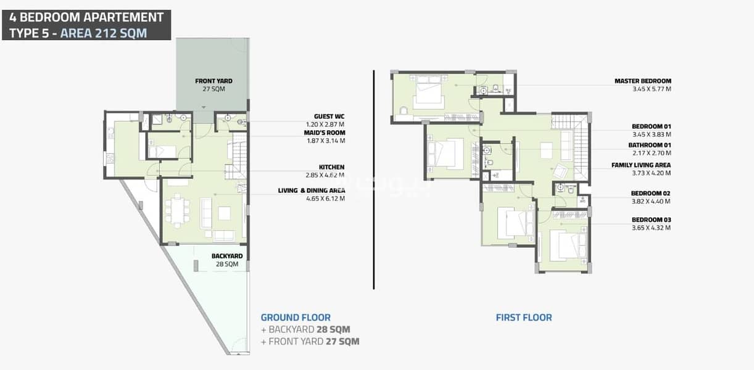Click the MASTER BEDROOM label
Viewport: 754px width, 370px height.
coord(642,81)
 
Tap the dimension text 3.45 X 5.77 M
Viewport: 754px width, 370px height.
coord(652,89)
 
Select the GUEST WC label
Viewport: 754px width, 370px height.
coord(329,117)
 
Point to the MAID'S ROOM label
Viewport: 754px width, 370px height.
coord(325,133)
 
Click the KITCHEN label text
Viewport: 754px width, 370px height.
coord(331,167)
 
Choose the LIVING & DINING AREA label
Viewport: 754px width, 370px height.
coord(312,191)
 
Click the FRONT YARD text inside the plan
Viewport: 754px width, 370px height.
coord(213,81)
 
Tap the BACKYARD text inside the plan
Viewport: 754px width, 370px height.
coord(227,256)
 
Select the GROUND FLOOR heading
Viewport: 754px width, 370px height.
coord(296,318)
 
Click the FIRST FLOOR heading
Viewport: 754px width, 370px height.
coord(524,318)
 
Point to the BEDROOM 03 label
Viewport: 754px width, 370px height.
coord(652,220)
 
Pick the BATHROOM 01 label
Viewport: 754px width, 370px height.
coord(650,146)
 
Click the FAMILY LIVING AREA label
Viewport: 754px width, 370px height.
coord(641,165)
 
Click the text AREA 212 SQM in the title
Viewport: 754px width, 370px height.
coord(104,33)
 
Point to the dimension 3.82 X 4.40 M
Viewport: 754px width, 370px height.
coord(651,202)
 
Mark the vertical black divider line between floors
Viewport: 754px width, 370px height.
coord(374,179)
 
